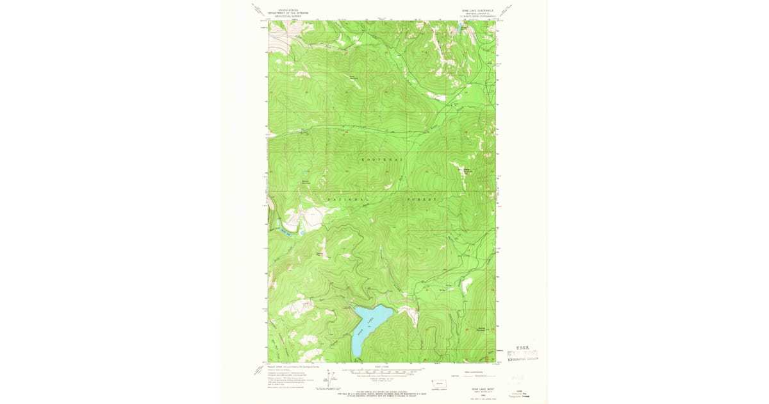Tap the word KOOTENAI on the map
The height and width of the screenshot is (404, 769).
click(x=382, y=158)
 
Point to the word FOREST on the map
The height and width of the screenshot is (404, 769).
click(x=422, y=199)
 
